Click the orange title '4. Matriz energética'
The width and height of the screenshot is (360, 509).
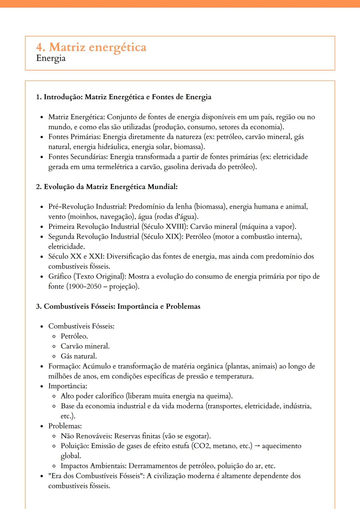click(x=91, y=47)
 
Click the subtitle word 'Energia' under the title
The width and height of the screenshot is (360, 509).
click(x=51, y=58)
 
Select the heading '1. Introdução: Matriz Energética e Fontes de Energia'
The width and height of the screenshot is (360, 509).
click(x=123, y=97)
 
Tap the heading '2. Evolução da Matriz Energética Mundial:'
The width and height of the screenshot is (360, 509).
click(x=107, y=187)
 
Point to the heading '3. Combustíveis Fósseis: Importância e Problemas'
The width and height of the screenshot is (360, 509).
click(x=118, y=306)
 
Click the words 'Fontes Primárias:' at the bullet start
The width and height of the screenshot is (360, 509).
click(x=75, y=137)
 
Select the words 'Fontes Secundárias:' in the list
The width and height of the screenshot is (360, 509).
click(x=78, y=157)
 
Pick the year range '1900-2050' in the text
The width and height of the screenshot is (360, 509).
click(x=85, y=286)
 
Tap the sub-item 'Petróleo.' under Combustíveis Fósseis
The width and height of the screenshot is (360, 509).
click(x=74, y=336)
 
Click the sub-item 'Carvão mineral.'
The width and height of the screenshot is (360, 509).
click(x=85, y=346)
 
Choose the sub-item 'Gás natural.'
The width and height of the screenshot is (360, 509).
click(x=79, y=356)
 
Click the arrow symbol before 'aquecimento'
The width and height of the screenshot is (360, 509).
click(x=257, y=446)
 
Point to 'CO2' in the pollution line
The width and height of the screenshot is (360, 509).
click(x=201, y=446)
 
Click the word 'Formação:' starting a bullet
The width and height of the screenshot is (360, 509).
click(x=64, y=366)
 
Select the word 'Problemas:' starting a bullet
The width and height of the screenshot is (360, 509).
click(x=65, y=426)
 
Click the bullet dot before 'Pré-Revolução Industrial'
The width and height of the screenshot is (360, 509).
click(x=42, y=207)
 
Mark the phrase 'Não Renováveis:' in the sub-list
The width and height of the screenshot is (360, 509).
click(x=87, y=436)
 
